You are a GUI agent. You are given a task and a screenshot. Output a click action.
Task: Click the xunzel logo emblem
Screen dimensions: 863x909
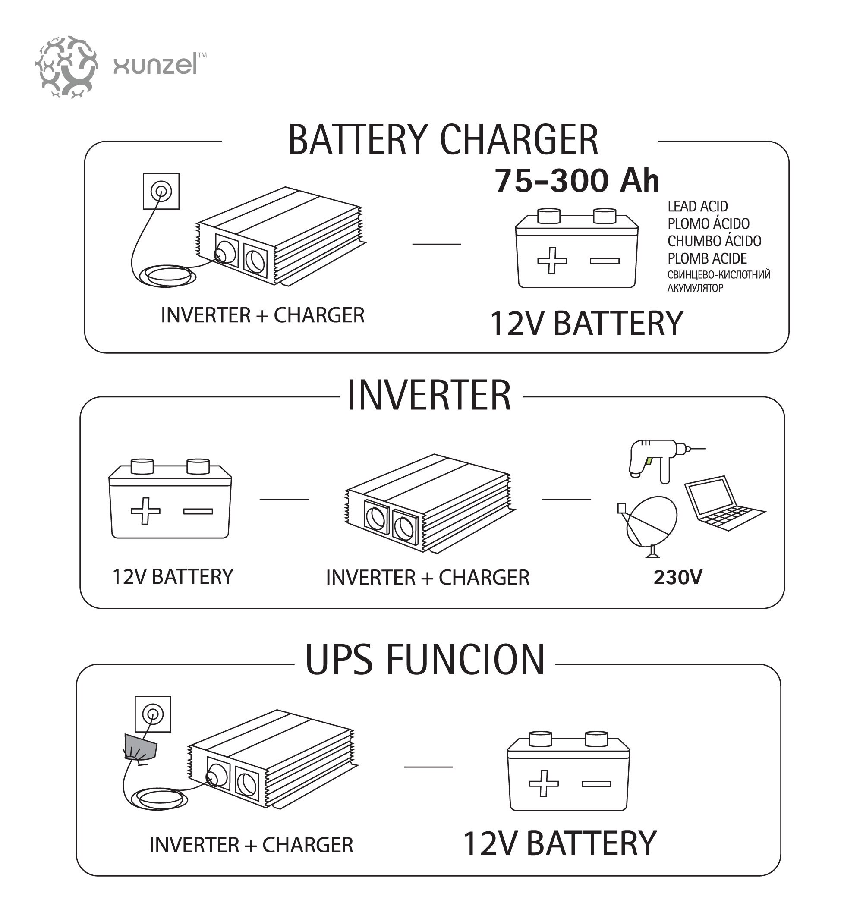[66, 67]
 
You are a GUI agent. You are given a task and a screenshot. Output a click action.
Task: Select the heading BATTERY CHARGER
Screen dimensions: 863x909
[443, 139]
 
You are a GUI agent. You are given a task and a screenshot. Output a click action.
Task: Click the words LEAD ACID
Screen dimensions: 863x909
[697, 206]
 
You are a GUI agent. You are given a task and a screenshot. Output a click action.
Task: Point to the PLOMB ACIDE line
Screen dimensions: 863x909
[707, 258]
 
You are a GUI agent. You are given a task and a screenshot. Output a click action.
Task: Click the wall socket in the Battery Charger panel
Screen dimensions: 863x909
[161, 191]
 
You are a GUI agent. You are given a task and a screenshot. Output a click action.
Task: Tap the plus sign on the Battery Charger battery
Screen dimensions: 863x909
[552, 261]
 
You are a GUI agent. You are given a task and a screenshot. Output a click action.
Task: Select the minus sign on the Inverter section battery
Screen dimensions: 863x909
[198, 511]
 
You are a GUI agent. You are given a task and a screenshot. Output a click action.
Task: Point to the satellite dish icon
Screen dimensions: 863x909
[648, 527]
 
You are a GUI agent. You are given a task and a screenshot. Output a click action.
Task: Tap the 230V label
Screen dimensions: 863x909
[678, 577]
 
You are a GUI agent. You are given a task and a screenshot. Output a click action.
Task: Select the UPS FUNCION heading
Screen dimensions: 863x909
[425, 660]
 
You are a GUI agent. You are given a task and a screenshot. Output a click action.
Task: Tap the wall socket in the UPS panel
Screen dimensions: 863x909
[153, 714]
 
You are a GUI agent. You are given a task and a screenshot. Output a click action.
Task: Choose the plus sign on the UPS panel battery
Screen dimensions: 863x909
[544, 783]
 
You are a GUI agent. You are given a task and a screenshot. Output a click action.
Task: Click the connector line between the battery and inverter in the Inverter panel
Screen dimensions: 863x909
[284, 499]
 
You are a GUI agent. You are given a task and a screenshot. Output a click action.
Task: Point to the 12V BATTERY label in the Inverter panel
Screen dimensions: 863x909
[173, 577]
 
